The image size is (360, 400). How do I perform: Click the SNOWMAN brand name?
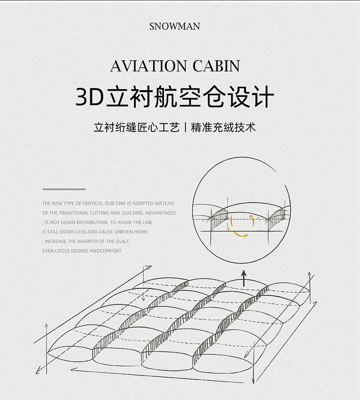174,26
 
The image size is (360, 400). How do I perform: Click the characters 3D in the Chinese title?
90,97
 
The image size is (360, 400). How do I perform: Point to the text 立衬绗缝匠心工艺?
137,128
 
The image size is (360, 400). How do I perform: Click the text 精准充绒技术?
223,128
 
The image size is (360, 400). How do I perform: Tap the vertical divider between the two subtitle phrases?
185,128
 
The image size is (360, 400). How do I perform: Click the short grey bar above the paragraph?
64,189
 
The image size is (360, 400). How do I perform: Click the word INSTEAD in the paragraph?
165,203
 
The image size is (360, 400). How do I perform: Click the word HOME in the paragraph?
141,232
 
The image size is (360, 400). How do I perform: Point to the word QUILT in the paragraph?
122,241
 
